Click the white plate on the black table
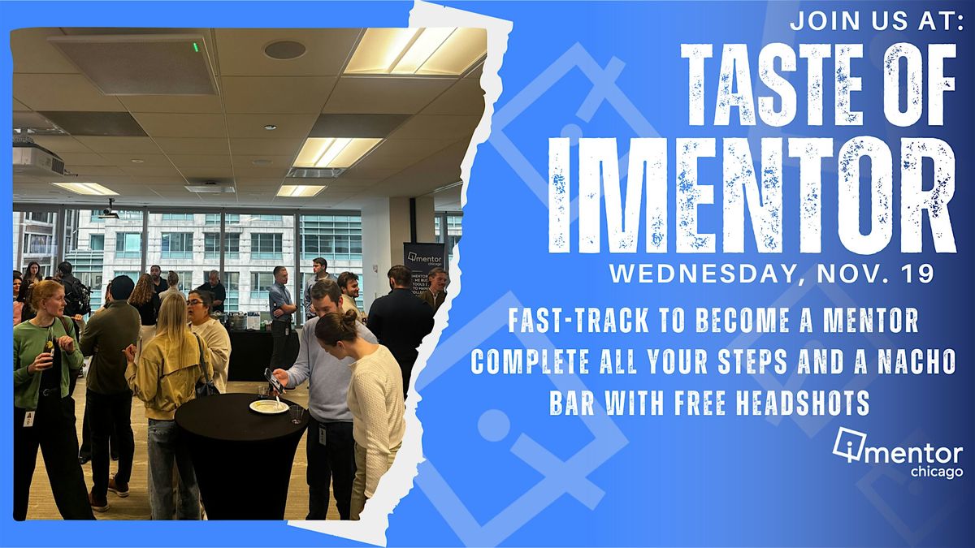[269, 406]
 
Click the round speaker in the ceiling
[284, 50]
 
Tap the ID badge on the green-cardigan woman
[30, 419]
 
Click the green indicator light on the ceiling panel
[196, 47]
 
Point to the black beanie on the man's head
[121, 287]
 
